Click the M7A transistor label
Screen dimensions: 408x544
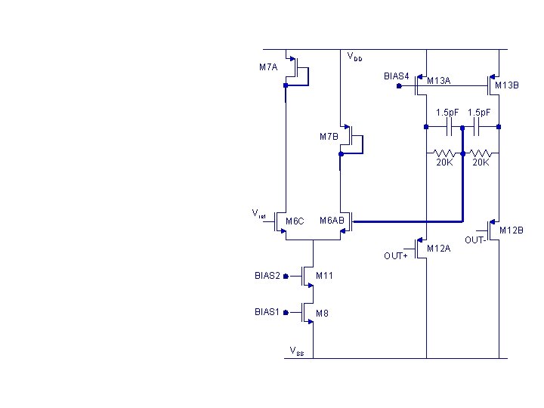click(x=268, y=67)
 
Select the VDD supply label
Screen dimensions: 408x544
click(x=354, y=57)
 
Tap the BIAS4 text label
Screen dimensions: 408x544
click(x=397, y=76)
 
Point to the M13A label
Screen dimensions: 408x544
click(x=438, y=81)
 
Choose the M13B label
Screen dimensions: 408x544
click(x=507, y=85)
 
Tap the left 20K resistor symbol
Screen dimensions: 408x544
click(x=444, y=153)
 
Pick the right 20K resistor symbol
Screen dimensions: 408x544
click(x=481, y=153)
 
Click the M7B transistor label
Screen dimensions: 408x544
click(x=329, y=137)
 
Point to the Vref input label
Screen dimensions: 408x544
click(x=258, y=214)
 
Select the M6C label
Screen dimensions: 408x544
click(x=295, y=221)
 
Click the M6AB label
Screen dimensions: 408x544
click(x=332, y=220)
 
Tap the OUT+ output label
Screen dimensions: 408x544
click(x=395, y=255)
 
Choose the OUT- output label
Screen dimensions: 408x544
click(x=474, y=240)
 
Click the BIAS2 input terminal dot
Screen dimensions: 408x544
click(x=286, y=277)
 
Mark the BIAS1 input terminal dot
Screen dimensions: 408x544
click(x=286, y=311)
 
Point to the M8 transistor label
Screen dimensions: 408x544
click(x=322, y=313)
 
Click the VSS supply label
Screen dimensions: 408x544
click(x=297, y=350)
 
